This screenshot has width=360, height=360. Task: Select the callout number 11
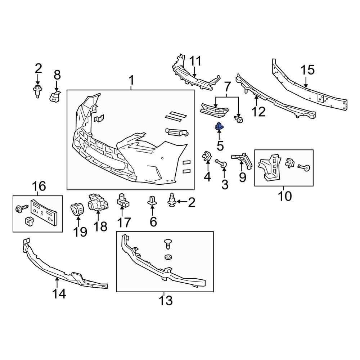coord(196,62)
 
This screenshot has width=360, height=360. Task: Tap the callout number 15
coord(307,70)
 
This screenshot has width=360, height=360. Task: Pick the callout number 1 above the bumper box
coord(131,80)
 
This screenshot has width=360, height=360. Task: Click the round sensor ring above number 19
coord(76,209)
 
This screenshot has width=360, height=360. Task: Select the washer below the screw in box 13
coord(167,257)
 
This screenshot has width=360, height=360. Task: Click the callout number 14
coord(59,294)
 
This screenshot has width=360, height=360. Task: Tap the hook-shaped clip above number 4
coord(207,156)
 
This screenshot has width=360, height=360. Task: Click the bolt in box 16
coord(21,208)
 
